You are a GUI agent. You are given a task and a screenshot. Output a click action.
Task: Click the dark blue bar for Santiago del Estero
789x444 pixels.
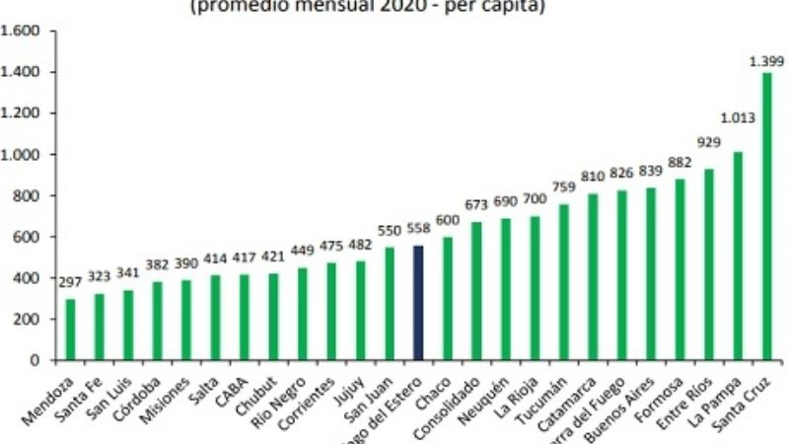pyautogui.click(x=418, y=303)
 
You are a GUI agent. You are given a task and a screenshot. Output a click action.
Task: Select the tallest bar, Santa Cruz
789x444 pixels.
pyautogui.click(x=766, y=216)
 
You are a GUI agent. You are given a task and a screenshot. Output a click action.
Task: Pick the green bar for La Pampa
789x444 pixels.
pyautogui.click(x=737, y=256)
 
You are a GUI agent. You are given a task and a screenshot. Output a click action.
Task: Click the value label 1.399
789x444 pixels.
pyautogui.click(x=766, y=61)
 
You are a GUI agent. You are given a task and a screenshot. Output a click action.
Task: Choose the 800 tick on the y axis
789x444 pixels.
pyautogui.click(x=27, y=195)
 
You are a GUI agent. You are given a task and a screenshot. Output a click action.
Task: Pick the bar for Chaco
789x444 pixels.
pyautogui.click(x=448, y=298)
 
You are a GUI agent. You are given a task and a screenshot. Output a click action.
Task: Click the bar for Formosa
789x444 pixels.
pyautogui.click(x=680, y=269)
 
